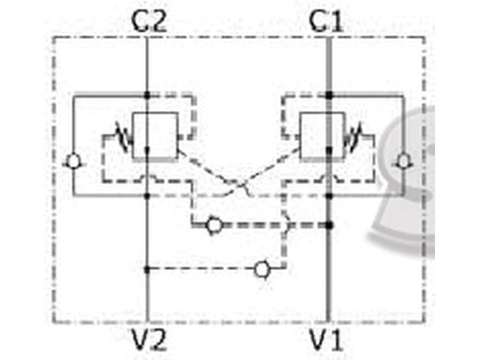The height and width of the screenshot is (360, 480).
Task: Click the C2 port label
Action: pos(149,21)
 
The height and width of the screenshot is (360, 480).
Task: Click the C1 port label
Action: pos(326,21)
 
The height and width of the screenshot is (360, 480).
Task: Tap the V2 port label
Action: pos(149,339)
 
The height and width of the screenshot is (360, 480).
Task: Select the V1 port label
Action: pos(326,339)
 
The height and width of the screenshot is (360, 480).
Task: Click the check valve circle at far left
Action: pos(73,161)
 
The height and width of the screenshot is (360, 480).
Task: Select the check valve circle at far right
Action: pos(403,161)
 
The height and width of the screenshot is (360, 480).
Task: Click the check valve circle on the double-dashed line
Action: pos(214,226)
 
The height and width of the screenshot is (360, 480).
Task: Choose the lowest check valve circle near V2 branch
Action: pos(262,269)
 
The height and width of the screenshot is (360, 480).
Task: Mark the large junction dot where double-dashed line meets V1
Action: pos(329,226)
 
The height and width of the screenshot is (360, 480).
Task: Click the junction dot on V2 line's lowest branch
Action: pos(147,269)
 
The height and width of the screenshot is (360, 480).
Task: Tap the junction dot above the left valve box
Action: pos(147,95)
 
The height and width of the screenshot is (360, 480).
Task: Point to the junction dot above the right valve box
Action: pos(329,95)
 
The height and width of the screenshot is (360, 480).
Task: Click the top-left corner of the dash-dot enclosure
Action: pos(53,37)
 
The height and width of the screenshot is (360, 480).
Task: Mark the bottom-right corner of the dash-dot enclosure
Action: pos(424,322)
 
